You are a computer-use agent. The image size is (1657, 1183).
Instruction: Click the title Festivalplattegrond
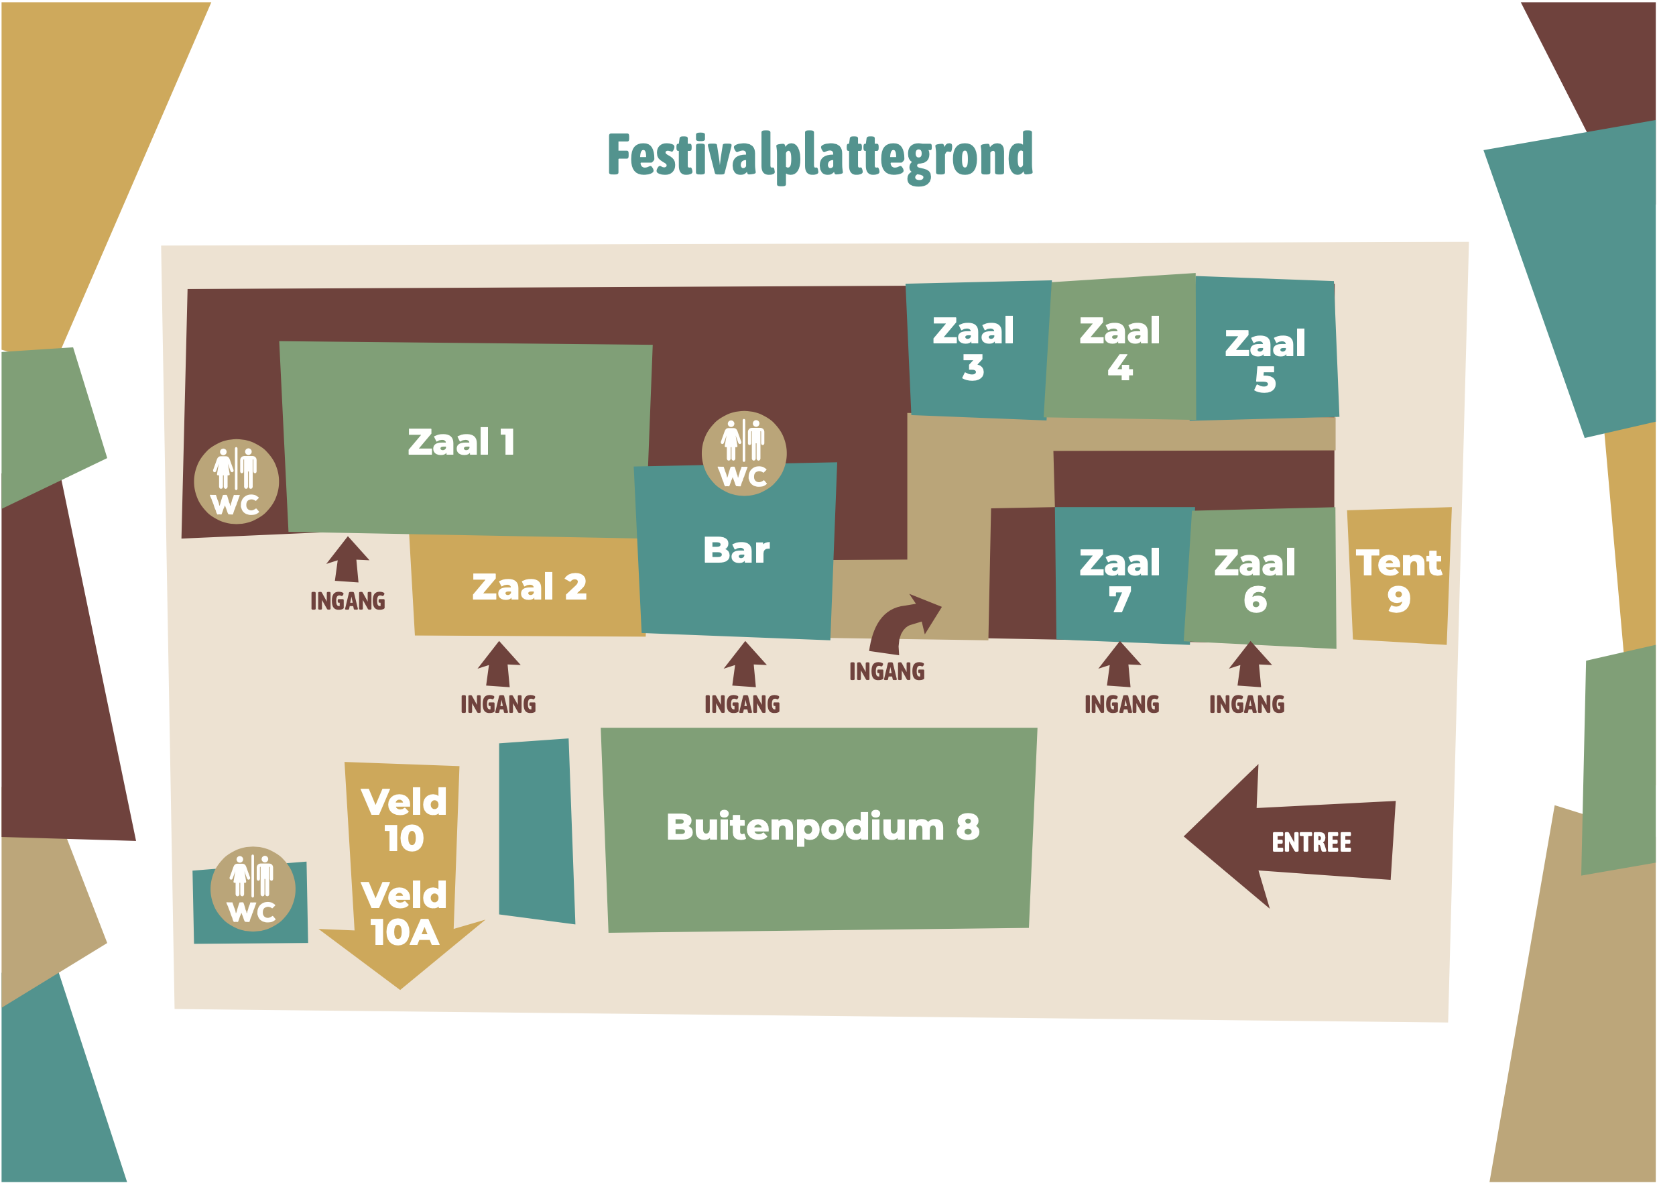click(x=820, y=155)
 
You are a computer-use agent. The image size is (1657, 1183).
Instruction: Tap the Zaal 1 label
click(x=461, y=442)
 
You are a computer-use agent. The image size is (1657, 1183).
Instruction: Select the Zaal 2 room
click(x=529, y=587)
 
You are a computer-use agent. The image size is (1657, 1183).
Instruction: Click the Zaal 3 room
click(x=973, y=349)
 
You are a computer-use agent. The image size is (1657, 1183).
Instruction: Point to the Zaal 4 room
click(x=1119, y=349)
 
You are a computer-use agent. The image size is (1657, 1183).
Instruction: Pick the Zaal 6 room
click(x=1255, y=581)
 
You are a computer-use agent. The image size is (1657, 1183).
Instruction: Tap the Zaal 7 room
click(x=1119, y=581)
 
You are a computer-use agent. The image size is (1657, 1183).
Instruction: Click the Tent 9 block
click(x=1398, y=580)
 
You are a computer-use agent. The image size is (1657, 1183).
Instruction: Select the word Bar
click(x=736, y=550)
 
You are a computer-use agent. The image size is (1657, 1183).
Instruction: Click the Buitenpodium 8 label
click(x=822, y=827)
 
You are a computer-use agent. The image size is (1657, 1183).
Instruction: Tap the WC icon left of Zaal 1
click(x=236, y=482)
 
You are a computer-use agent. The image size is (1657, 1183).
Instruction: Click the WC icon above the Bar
click(x=743, y=453)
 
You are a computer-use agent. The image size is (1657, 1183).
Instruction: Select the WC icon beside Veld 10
click(x=253, y=889)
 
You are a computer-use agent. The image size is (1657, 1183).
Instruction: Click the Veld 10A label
click(x=404, y=914)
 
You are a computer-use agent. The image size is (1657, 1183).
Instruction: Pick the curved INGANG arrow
click(x=902, y=624)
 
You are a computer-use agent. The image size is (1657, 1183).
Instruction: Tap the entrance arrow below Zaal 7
click(x=1119, y=665)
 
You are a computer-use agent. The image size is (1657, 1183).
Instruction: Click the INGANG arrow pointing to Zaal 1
click(x=347, y=560)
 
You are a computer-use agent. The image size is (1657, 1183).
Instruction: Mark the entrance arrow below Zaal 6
click(x=1250, y=665)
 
